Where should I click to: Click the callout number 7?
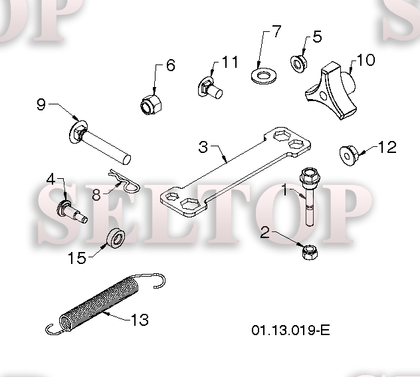coord(276,31)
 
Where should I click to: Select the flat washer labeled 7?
coord(264,75)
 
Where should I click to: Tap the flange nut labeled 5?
coord(299,64)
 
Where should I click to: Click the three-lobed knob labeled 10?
coord(331,90)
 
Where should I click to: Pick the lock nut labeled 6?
coord(151,104)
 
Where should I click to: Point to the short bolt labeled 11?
coord(210,88)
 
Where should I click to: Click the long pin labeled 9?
coord(99,142)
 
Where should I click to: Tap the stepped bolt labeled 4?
coord(72,211)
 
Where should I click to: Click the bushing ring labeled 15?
coord(116,237)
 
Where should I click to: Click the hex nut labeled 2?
coord(310,253)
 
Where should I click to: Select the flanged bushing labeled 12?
coord(349,156)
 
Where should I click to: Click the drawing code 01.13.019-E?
coord(290,330)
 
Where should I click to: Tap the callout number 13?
coord(140,320)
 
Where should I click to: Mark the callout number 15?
coord(77,258)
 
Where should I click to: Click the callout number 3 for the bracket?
coord(203,147)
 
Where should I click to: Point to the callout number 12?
coord(387,147)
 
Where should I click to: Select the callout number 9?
coord(41,104)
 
